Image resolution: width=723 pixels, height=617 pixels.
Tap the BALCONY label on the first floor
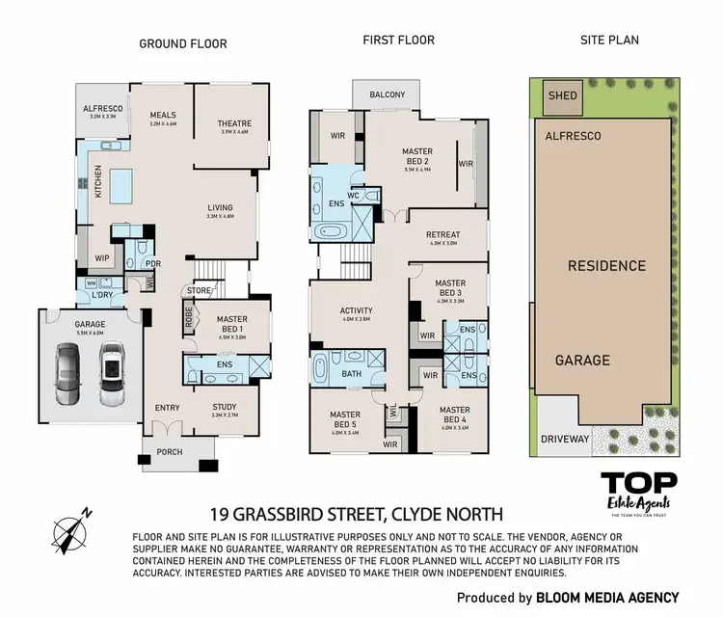click(385, 95)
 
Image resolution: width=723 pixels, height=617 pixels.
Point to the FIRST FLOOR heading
click(398, 40)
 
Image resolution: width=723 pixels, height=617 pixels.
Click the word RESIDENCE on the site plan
click(605, 266)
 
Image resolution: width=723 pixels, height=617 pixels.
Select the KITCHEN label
click(97, 181)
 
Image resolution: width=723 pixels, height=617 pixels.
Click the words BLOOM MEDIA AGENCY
click(607, 598)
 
